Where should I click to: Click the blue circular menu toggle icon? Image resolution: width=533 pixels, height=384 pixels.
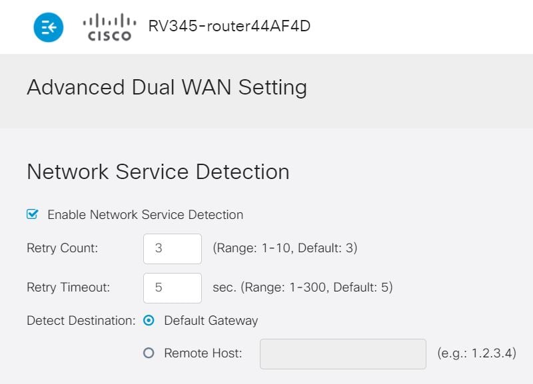pos(49,27)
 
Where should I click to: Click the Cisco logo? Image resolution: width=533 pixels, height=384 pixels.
pos(109,28)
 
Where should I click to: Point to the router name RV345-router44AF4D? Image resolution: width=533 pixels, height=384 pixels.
pos(229,27)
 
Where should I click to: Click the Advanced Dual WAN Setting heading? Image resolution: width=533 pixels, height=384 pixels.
pos(167,88)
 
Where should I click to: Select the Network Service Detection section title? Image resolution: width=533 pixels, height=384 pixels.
pos(158,172)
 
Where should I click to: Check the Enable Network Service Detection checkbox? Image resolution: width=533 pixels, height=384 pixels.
pos(32,214)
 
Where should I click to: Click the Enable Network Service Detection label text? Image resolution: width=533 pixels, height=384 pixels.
pos(145,215)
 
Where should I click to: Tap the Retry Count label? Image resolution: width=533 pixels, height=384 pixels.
pos(62,248)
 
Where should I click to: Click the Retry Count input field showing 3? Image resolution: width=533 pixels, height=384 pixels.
pos(172,248)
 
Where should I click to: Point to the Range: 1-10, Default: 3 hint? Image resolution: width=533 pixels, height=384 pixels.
pos(285,248)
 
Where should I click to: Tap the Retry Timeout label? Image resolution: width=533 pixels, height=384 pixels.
pos(68,288)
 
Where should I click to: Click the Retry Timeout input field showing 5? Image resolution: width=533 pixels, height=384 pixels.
pos(172,288)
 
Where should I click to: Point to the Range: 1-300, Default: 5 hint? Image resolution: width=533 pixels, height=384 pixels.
pos(302,288)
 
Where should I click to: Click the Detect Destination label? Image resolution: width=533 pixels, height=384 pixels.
pos(81,320)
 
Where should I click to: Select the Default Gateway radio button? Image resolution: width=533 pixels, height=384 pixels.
pos(149,320)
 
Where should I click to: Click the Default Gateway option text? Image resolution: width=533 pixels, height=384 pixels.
pos(211,320)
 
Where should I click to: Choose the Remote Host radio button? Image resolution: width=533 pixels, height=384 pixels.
pos(149,353)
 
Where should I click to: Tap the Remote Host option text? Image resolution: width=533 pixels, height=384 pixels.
pos(203,353)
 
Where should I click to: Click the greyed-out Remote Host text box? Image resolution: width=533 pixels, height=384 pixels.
pos(342,353)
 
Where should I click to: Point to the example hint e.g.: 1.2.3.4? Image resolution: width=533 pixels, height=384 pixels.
pos(476,353)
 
